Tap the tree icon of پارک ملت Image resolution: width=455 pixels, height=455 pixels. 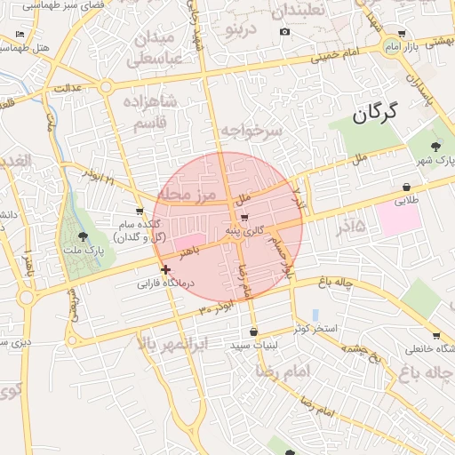tap(83, 236)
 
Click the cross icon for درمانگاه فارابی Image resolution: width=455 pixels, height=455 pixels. tap(165, 269)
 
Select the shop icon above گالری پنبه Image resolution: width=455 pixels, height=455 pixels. tap(243, 217)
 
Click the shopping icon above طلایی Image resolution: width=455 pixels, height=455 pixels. tap(406, 187)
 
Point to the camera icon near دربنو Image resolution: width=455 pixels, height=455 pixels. tap(284, 32)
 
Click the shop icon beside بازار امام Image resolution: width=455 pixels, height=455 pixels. tap(403, 34)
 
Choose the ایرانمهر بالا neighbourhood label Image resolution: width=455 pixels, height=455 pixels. tap(173, 343)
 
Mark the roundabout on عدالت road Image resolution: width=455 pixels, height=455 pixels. tap(106, 87)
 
